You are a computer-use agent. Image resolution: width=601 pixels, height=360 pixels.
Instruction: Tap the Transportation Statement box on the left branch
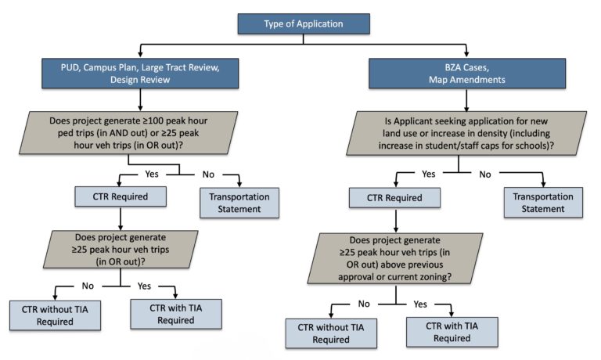click(x=237, y=201)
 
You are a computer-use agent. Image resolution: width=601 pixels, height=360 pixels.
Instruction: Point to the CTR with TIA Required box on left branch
click(x=175, y=313)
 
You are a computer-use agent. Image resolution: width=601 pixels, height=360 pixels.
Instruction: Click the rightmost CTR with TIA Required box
click(x=449, y=332)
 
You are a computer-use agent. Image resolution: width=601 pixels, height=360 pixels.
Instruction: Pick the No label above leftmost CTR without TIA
click(x=86, y=285)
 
